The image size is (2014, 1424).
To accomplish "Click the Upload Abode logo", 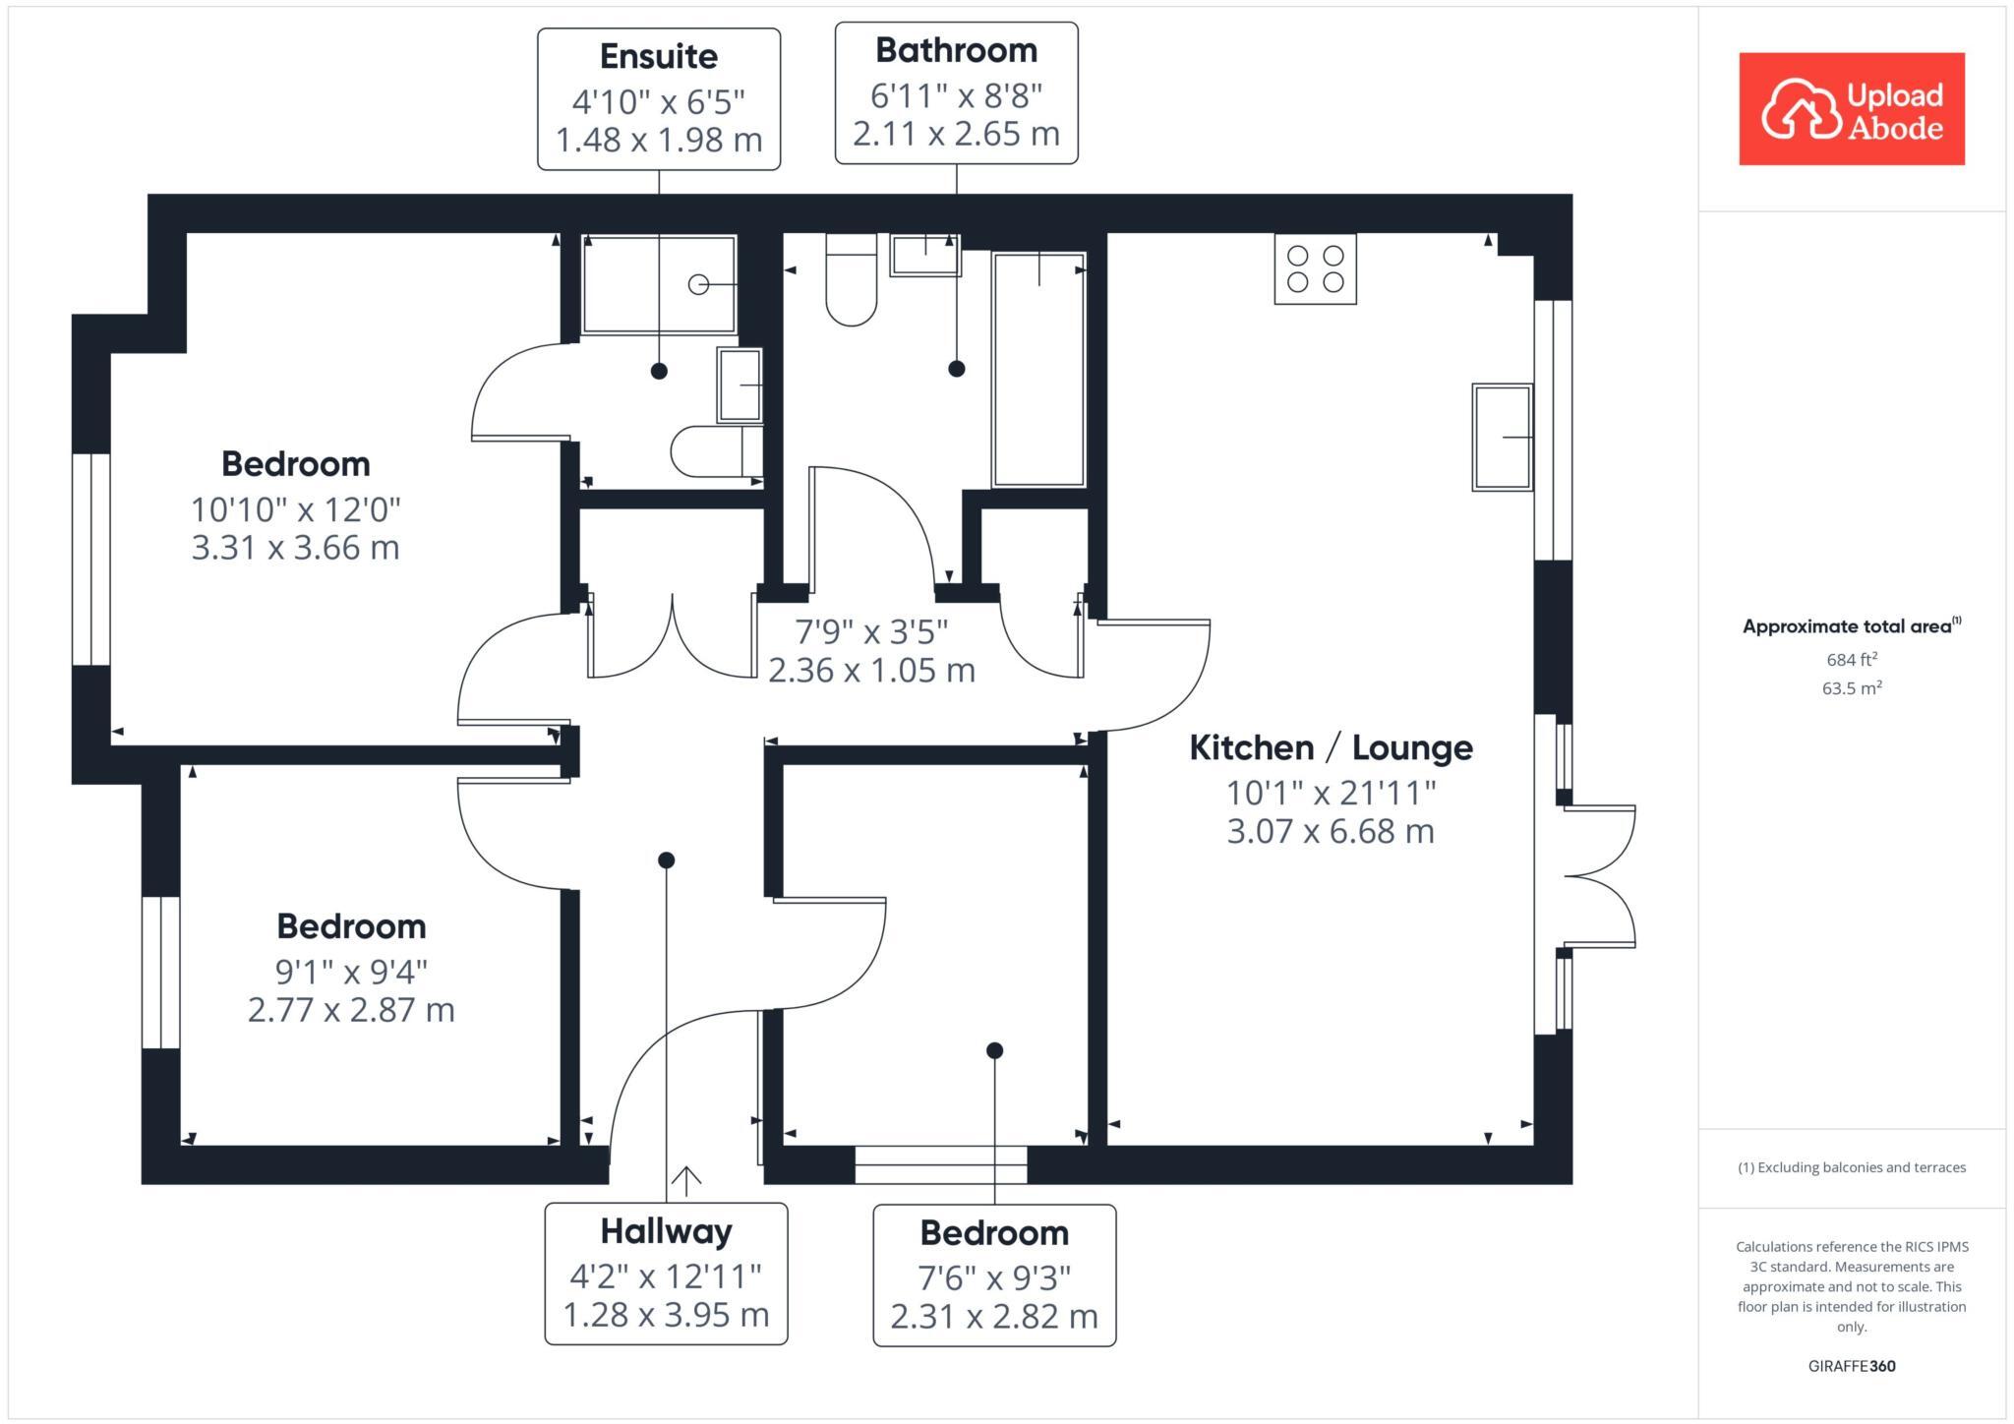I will (x=1851, y=109).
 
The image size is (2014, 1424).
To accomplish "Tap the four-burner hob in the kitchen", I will (x=1315, y=268).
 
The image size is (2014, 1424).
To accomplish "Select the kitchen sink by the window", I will (x=1502, y=437).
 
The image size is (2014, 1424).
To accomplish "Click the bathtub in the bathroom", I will (x=1038, y=369).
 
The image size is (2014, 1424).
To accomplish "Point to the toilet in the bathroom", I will (x=851, y=280).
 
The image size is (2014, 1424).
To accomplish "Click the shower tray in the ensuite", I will (x=659, y=284).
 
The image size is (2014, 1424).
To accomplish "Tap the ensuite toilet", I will (x=715, y=451).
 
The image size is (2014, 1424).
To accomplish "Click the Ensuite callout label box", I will (x=659, y=98).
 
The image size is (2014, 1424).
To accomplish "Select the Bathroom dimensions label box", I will (x=956, y=92).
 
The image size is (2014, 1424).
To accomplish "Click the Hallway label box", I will (x=666, y=1273).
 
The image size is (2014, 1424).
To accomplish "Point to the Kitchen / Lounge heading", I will (x=1331, y=747).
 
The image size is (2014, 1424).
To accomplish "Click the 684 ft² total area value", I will (x=1852, y=659).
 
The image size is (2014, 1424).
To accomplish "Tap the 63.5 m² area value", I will (x=1852, y=687).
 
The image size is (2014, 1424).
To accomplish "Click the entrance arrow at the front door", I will (x=685, y=1178).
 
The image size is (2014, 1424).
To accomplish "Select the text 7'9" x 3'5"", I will (x=871, y=630).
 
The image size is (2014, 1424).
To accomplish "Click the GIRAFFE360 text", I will (x=1852, y=1366).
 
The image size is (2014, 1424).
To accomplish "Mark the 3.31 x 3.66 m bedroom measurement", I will (x=295, y=547).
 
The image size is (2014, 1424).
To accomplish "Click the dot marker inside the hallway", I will (x=666, y=860).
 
